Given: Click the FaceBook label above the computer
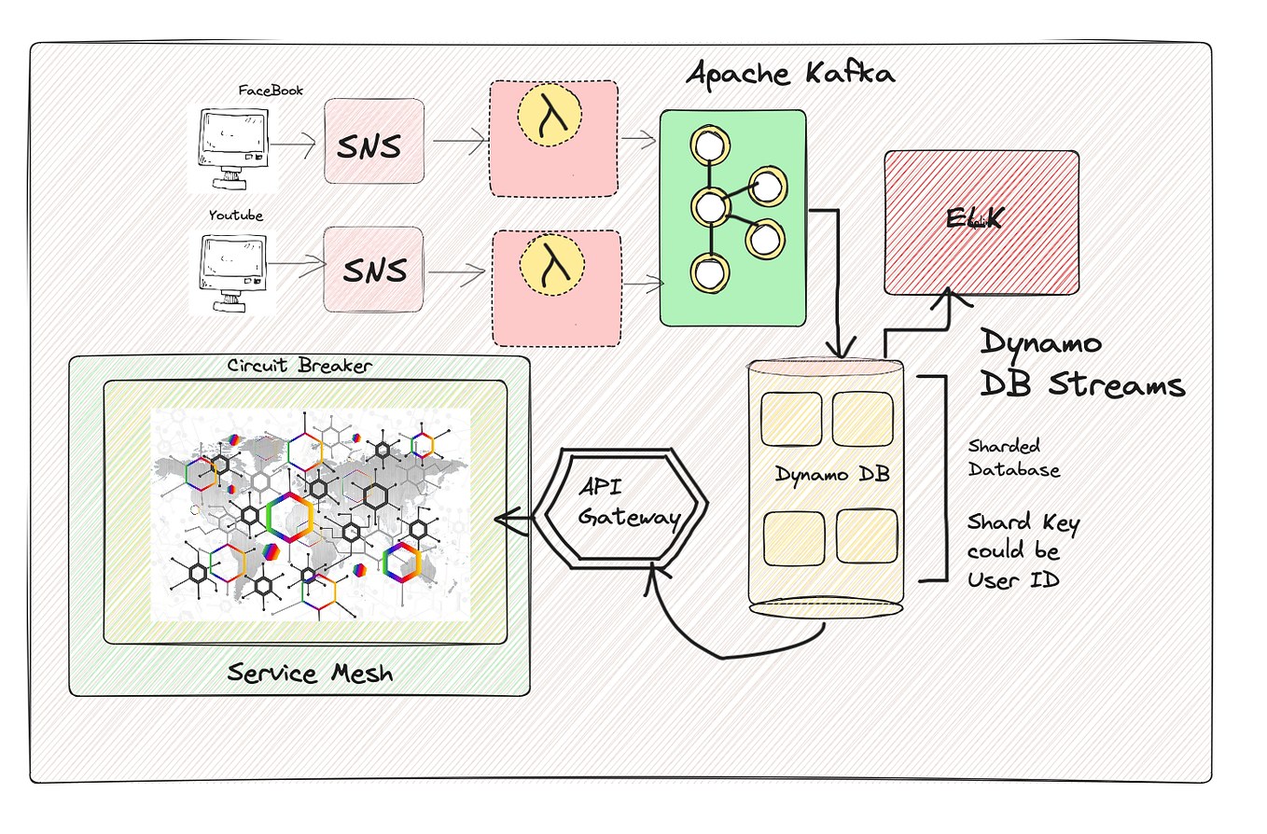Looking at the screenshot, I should click(271, 90).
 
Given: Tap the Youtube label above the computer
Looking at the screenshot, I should click(235, 215).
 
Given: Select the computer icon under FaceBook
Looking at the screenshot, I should click(232, 147).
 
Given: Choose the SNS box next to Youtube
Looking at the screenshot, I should click(373, 270).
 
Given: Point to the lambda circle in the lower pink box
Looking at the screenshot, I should click(550, 263).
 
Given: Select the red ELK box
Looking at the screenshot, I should click(981, 221).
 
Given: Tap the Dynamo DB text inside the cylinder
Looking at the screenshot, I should click(832, 474).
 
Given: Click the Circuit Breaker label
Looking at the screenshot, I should click(299, 366).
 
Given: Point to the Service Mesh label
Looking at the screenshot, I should click(310, 672).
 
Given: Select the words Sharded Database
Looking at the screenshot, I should click(1013, 458).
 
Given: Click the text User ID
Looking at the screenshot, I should click(1012, 579).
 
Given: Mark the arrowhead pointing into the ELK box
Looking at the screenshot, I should click(949, 296).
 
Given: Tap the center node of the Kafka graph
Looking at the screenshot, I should click(711, 206).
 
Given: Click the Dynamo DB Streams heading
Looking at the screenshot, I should click(1080, 365).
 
